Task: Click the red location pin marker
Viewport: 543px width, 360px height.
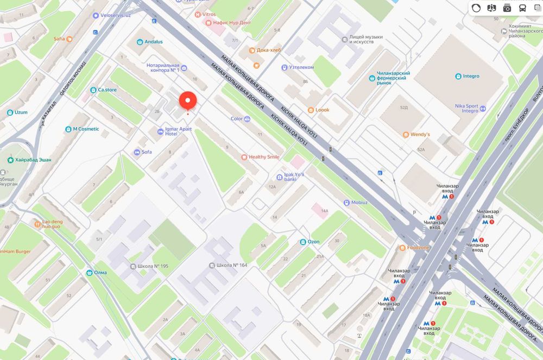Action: click(187, 100)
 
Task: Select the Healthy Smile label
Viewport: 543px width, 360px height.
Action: click(264, 157)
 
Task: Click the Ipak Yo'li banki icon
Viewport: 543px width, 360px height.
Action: click(279, 176)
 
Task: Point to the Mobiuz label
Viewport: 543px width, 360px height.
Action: click(359, 203)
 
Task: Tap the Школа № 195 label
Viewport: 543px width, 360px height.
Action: click(153, 266)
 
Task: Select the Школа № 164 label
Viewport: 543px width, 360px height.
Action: click(232, 266)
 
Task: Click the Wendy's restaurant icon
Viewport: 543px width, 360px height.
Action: click(406, 134)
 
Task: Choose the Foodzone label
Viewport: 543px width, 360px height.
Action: click(418, 248)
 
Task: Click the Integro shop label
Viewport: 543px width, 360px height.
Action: click(471, 76)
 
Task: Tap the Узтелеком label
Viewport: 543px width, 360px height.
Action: click(301, 67)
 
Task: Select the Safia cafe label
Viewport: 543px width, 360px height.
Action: click(59, 39)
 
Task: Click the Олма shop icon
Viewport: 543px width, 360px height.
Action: click(88, 273)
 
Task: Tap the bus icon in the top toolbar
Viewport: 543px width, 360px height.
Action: click(522, 8)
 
